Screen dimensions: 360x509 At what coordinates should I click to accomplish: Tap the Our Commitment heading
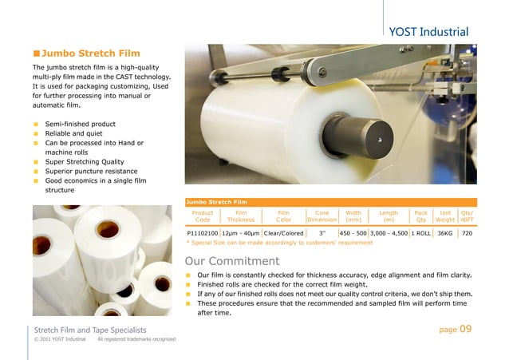(x=231, y=261)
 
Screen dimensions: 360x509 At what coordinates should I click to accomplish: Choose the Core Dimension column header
(x=322, y=216)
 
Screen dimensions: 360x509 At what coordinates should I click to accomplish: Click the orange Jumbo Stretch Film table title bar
(x=330, y=202)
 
